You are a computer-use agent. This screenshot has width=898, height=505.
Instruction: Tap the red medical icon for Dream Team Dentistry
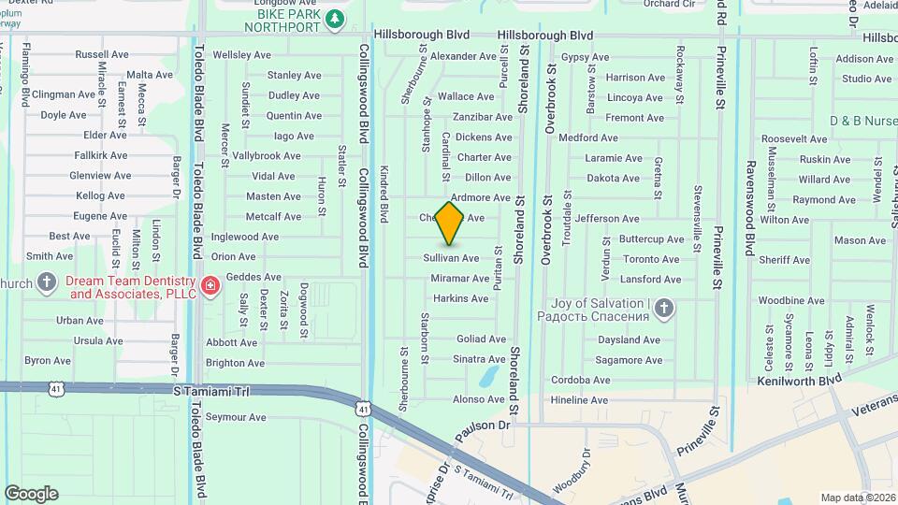coord(210,284)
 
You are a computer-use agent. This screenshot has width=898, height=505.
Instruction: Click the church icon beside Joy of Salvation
coord(663,308)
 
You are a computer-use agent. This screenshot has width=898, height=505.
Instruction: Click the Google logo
coord(31,493)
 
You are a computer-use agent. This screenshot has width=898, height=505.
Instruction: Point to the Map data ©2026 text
coord(857,498)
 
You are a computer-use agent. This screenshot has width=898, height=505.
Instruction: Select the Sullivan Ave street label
coord(451,258)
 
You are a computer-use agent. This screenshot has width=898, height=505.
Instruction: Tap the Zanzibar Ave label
coord(483,117)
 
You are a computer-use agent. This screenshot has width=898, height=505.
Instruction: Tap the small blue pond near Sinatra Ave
coord(487,377)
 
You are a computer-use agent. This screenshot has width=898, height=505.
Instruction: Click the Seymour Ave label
coord(236,417)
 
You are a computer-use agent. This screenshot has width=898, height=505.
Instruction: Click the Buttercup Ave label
coord(652,239)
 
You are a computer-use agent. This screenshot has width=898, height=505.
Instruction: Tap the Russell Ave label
coord(101,54)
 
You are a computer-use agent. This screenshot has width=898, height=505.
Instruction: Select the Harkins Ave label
coord(460,298)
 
